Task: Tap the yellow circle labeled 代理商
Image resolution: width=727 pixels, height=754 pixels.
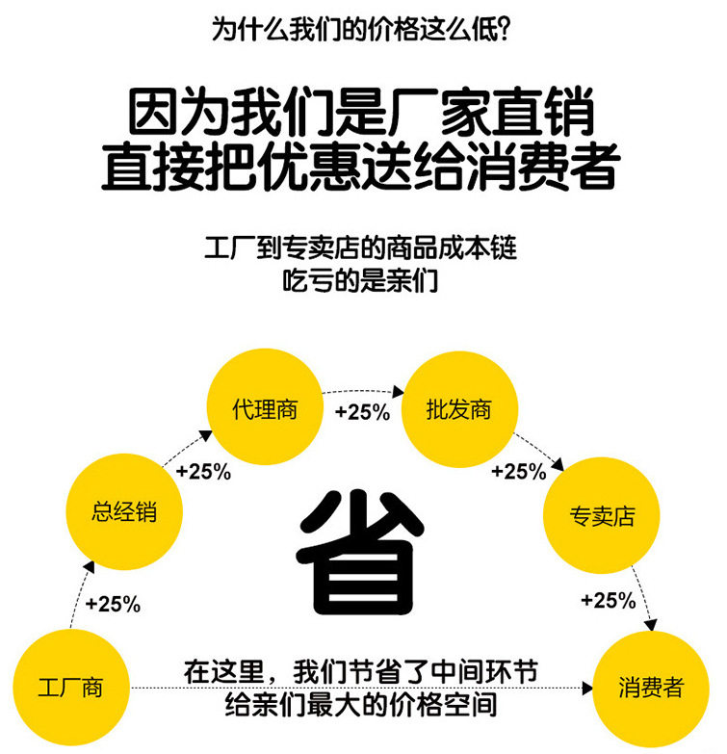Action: coord(265,409)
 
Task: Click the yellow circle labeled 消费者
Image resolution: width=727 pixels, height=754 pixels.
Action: coord(651,688)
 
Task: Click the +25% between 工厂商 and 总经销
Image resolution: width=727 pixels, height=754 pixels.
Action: coord(113,605)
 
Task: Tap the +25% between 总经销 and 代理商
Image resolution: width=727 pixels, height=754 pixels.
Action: coord(203,472)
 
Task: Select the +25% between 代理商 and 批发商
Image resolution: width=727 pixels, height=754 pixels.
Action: coord(362,412)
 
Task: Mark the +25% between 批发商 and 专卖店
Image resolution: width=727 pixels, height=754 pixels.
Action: coord(518,472)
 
